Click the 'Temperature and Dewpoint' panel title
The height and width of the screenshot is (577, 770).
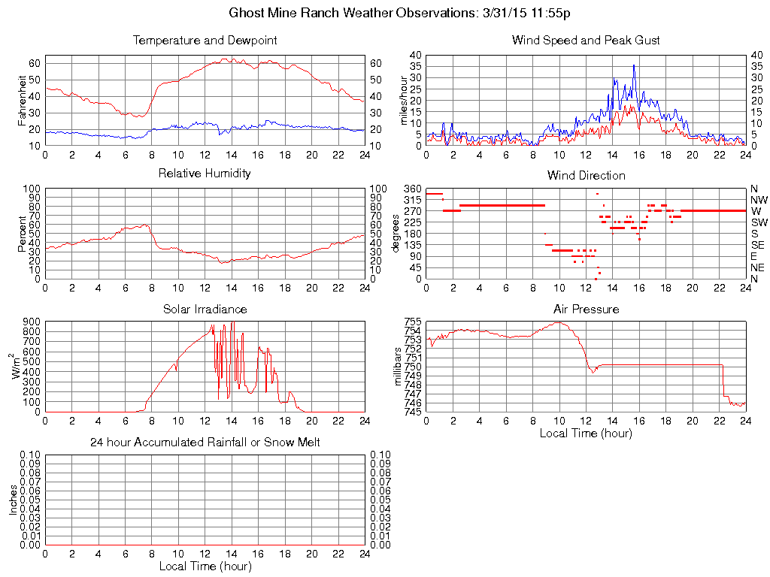coord(205,41)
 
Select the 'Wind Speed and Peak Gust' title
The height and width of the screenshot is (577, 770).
coord(586,41)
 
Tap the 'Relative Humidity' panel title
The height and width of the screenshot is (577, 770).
coord(205,174)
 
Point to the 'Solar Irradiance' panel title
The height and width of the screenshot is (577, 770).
coord(205,309)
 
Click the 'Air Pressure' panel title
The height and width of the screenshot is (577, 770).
coord(586,309)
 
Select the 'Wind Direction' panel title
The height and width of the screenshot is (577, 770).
coord(586,175)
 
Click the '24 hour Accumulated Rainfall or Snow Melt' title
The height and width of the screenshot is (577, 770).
coord(205,443)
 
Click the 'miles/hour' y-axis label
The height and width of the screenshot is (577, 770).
coord(404,100)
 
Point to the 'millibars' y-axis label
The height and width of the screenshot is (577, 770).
coord(399,366)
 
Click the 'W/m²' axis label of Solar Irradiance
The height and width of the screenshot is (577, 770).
coord(16,366)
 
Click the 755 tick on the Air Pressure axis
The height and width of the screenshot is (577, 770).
coord(413,322)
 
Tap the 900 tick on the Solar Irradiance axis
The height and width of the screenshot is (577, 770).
coord(31,322)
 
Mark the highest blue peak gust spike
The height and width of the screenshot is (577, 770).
coord(634,65)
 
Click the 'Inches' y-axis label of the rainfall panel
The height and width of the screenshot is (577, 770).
coord(14,500)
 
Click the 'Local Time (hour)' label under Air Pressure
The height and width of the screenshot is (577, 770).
coord(586,433)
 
